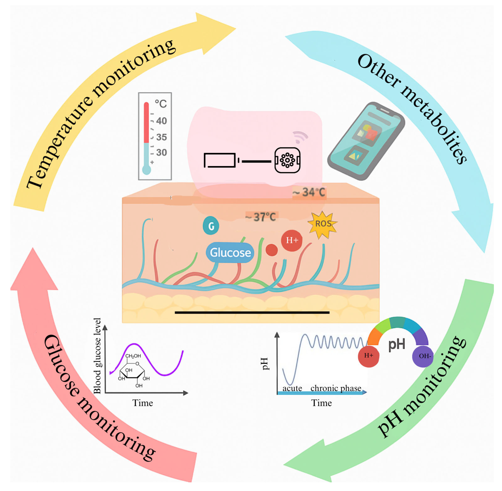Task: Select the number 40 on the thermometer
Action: pos(161,121)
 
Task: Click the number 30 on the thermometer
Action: pos(161,152)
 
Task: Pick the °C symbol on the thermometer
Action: pos(160,104)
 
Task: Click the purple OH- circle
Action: pos(423,356)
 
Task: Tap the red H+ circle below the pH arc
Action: pos(368,356)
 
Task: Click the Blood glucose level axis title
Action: pos(97,356)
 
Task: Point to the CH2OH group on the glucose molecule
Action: pos(133,356)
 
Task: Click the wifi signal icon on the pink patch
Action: pos(300,137)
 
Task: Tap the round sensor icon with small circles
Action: pos(287,160)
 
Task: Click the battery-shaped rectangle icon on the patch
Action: pos(220,160)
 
